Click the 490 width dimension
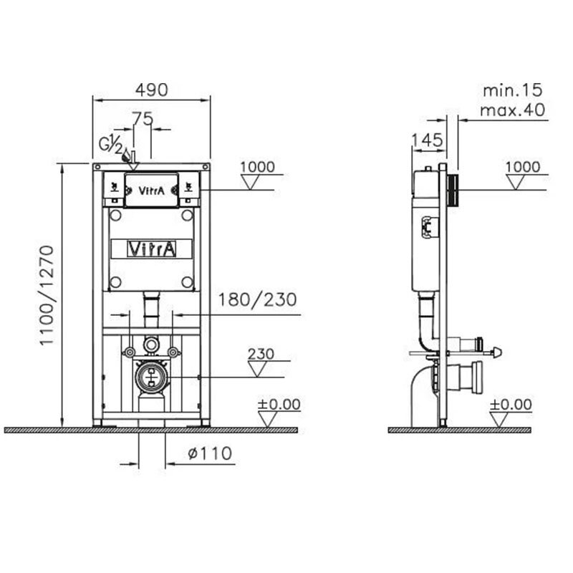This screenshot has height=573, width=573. pyautogui.click(x=152, y=90)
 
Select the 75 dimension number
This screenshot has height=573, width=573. pyautogui.click(x=143, y=118)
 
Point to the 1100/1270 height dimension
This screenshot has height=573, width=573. pyautogui.click(x=47, y=295)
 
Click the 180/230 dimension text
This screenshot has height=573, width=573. pyautogui.click(x=257, y=299)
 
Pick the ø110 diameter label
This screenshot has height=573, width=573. pyautogui.click(x=210, y=453)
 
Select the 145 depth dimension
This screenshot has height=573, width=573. pyautogui.click(x=427, y=140)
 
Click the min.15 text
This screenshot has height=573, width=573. pyautogui.click(x=513, y=91)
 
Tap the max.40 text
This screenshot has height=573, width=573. pyautogui.click(x=512, y=110)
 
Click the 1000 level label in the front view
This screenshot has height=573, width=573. pyautogui.click(x=257, y=167)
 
